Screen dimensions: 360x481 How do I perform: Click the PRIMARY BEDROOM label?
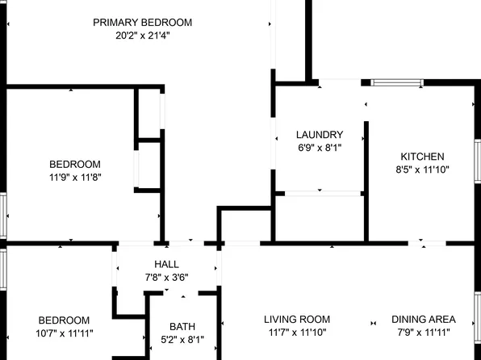click(x=142, y=22)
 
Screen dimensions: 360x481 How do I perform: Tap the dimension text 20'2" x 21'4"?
click(x=142, y=35)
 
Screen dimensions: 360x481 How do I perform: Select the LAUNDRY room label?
click(x=320, y=135)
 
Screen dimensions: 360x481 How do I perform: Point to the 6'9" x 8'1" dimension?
click(x=320, y=148)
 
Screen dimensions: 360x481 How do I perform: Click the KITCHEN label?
click(x=422, y=157)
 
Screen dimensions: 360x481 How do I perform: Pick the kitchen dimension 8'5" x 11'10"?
click(x=422, y=170)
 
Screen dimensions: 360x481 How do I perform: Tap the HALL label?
click(x=166, y=265)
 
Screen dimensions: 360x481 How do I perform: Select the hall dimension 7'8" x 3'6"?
click(x=166, y=278)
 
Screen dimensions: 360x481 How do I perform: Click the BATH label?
click(x=182, y=327)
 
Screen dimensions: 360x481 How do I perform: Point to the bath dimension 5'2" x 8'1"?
click(x=182, y=340)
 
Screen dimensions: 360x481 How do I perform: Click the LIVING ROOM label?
click(x=298, y=320)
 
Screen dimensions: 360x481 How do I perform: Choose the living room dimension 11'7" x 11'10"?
click(x=298, y=333)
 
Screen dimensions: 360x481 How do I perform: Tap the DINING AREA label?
click(x=424, y=320)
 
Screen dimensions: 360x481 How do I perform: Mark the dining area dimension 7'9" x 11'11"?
click(x=424, y=333)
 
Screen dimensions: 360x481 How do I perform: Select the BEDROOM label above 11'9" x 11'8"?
click(x=74, y=164)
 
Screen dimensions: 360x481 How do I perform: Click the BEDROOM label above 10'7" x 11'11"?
click(x=64, y=320)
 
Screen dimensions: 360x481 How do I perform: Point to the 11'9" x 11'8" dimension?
click(x=74, y=177)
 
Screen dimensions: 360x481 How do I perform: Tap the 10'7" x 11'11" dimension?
click(x=64, y=333)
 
